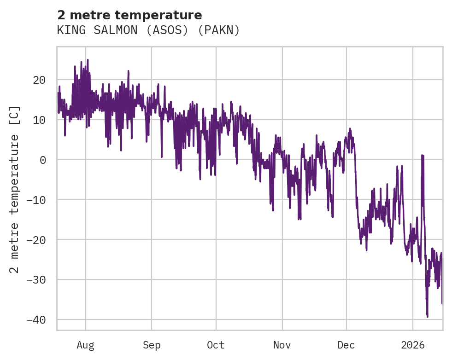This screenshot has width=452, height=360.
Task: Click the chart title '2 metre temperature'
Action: pyautogui.click(x=129, y=15)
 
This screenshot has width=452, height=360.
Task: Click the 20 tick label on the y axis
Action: pyautogui.click(x=39, y=80)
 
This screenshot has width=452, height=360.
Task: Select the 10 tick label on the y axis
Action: pyautogui.click(x=39, y=120)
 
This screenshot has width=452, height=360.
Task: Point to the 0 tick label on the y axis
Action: pyautogui.click(x=42, y=160)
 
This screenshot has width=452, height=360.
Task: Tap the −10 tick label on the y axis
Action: pyautogui.click(x=36, y=200)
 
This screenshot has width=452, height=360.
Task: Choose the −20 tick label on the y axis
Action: pyautogui.click(x=36, y=240)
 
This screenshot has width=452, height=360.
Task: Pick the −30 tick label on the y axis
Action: pyautogui.click(x=36, y=279)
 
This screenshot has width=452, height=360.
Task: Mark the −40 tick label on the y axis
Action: pyautogui.click(x=36, y=319)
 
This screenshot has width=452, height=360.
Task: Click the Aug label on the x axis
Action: pyautogui.click(x=86, y=345)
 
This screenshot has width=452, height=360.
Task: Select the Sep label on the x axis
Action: pyautogui.click(x=152, y=345)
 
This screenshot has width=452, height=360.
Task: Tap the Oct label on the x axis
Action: pyautogui.click(x=216, y=345)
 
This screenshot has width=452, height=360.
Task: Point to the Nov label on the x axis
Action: pyautogui.click(x=282, y=345)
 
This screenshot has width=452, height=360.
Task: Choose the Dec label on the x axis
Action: pyautogui.click(x=346, y=345)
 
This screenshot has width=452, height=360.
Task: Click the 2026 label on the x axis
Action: pyautogui.click(x=413, y=345)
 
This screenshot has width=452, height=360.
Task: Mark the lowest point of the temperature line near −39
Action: pyautogui.click(x=427, y=317)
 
